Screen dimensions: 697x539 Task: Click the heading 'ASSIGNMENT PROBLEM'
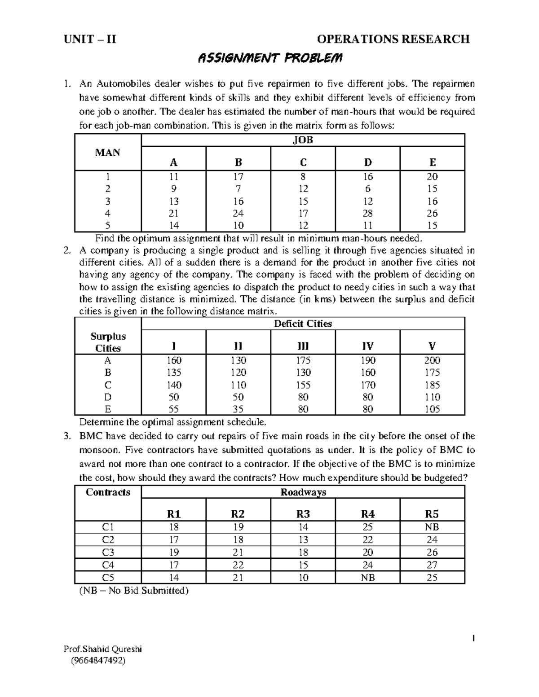[x=270, y=59]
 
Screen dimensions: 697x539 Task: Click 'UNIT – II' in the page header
[x=90, y=39]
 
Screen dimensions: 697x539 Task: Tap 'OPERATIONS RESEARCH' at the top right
[x=393, y=39]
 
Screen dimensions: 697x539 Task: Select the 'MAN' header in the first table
[x=108, y=153]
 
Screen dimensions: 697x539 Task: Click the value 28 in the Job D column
[x=367, y=214]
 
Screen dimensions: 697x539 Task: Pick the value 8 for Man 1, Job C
[x=303, y=177]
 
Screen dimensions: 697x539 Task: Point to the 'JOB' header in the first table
[x=303, y=140]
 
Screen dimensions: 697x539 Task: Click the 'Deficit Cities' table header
[x=303, y=324]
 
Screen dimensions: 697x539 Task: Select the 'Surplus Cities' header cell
[x=108, y=342]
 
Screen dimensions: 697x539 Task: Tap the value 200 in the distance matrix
[x=432, y=360]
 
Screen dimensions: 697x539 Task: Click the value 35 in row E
[x=239, y=409]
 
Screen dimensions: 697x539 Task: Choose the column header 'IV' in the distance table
[x=367, y=346]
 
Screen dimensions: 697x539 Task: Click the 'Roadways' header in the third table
[x=303, y=492]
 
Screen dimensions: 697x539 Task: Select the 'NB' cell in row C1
[x=432, y=527]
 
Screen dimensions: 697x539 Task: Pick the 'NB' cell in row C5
[x=367, y=578]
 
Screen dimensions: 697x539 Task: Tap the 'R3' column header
[x=303, y=514]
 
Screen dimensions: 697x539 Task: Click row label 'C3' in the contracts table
[x=108, y=552]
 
